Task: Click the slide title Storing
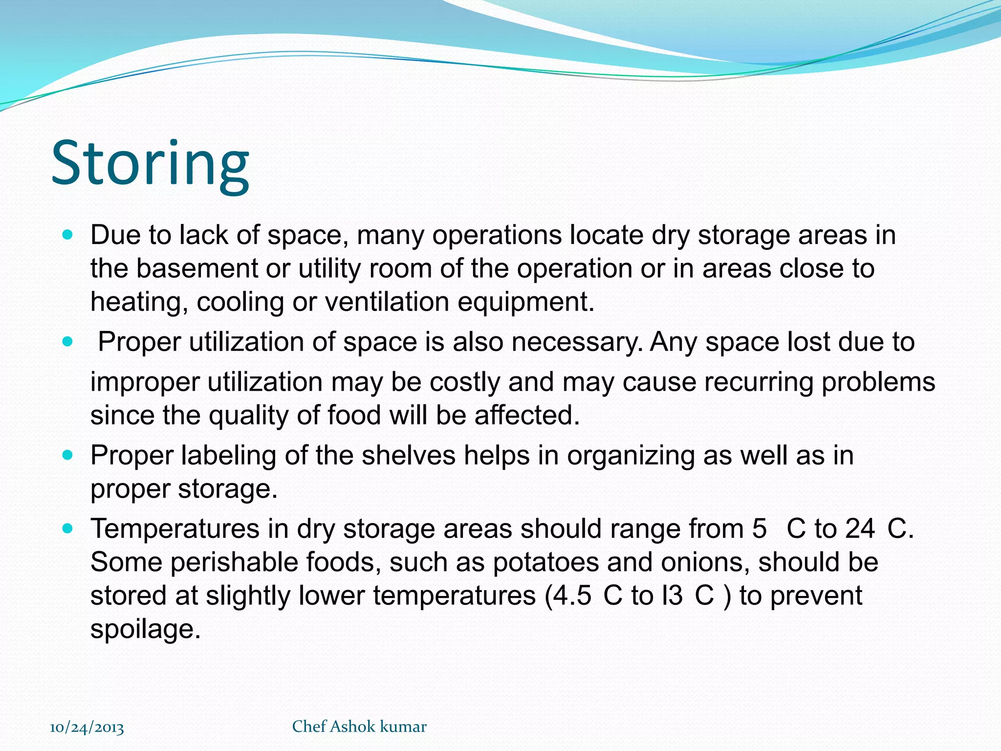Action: coord(150,164)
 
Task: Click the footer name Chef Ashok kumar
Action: coord(359,727)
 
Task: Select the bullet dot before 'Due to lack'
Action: coord(68,235)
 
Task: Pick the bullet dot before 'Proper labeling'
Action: coord(68,455)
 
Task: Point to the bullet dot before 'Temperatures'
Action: coord(68,529)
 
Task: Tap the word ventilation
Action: coord(387,302)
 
